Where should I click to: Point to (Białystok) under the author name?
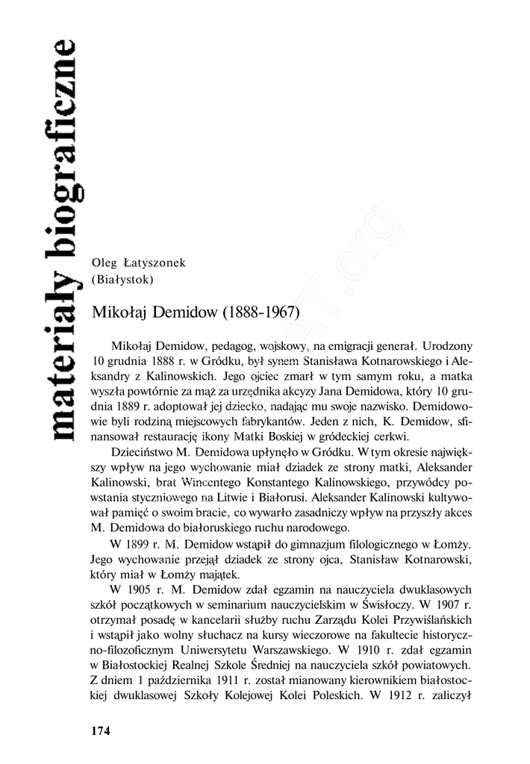122,280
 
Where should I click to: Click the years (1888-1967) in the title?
261,312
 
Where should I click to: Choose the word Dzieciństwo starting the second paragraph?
143,452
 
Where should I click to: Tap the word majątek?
216,573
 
